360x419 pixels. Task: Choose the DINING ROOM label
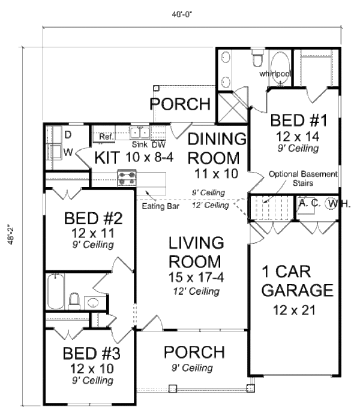click(x=217, y=149)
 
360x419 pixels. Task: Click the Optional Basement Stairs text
click(x=302, y=178)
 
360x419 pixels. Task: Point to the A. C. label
click(x=310, y=203)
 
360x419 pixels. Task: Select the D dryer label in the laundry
click(x=68, y=133)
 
